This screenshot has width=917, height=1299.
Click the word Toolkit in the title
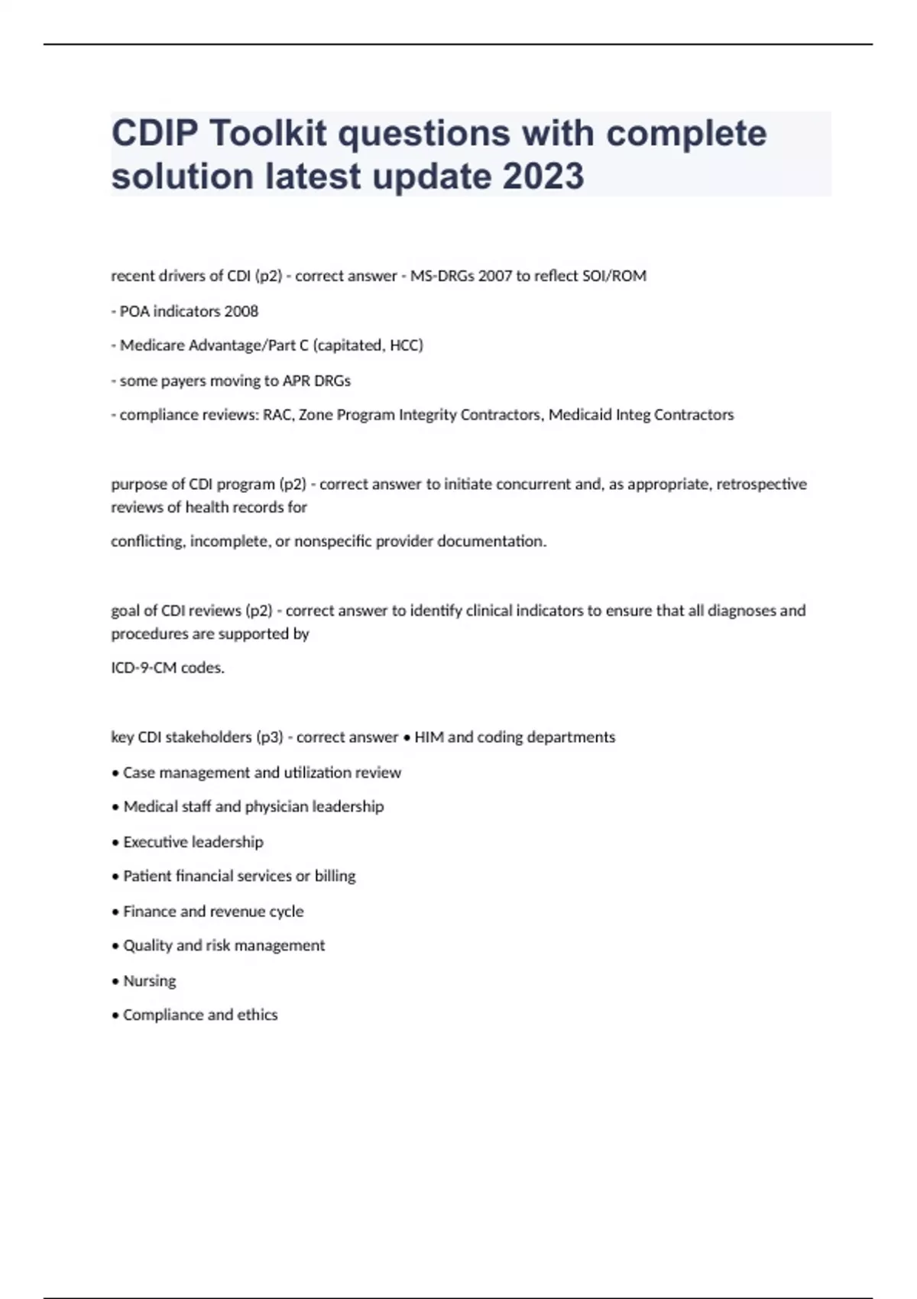point(268,134)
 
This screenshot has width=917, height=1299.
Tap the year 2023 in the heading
point(543,177)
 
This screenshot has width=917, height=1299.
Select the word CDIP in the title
point(155,134)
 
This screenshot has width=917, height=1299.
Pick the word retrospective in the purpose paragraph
point(761,484)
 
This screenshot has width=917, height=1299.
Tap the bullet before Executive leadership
point(115,843)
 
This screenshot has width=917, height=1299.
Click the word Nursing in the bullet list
point(150,981)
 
